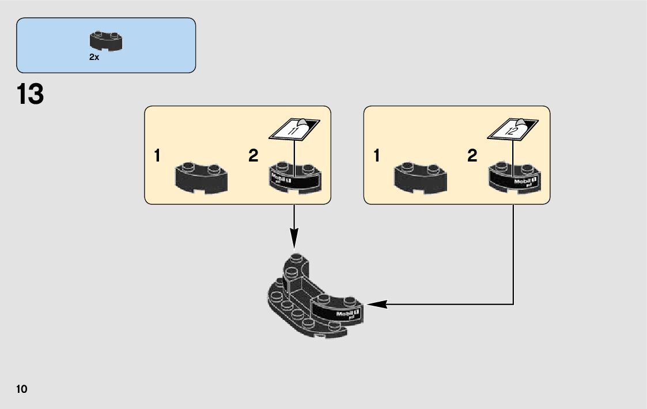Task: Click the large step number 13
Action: click(x=31, y=95)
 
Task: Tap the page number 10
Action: click(x=22, y=389)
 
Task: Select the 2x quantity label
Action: click(x=94, y=58)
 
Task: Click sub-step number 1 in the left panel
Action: click(x=157, y=156)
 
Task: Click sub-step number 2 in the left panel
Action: click(x=253, y=156)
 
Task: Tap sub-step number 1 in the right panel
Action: click(x=377, y=156)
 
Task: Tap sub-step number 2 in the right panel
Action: click(x=472, y=156)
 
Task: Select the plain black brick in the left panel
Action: click(x=201, y=178)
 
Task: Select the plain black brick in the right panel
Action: click(x=420, y=178)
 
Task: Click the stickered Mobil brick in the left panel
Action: click(x=294, y=177)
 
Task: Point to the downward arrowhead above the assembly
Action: click(x=294, y=237)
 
